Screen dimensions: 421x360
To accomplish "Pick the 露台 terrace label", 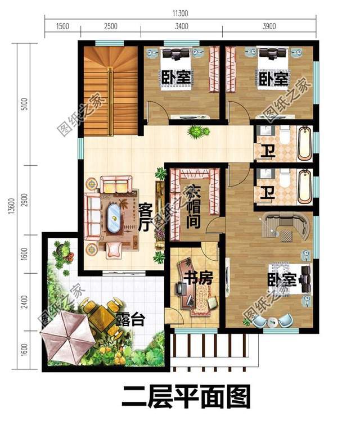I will point(131,321).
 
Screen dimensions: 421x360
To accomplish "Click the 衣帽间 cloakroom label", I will point(193,206).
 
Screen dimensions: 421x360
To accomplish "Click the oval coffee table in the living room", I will point(115,216).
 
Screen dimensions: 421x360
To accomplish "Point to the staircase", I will point(110,90).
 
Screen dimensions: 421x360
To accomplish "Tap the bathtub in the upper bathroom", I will point(304,144).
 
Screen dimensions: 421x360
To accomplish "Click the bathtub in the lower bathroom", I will point(304,186).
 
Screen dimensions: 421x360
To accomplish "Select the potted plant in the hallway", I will point(196,133).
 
